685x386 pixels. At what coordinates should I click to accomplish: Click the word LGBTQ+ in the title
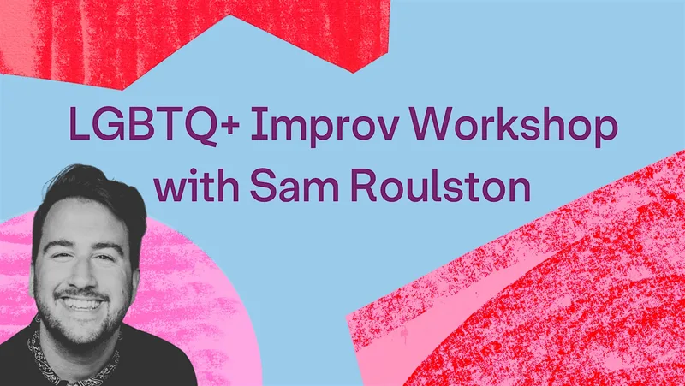(x=154, y=123)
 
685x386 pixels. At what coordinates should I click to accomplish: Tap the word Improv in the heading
(x=325, y=126)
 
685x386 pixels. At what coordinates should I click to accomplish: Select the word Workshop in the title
(x=513, y=126)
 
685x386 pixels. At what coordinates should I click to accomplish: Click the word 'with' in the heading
(x=196, y=186)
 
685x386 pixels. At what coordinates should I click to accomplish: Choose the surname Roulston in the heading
(x=441, y=186)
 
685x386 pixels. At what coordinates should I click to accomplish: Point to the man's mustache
(x=83, y=294)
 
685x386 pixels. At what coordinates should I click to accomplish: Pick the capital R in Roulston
(x=364, y=185)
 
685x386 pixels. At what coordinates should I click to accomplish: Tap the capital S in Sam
(x=263, y=185)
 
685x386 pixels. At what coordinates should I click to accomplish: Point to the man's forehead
(x=80, y=221)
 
